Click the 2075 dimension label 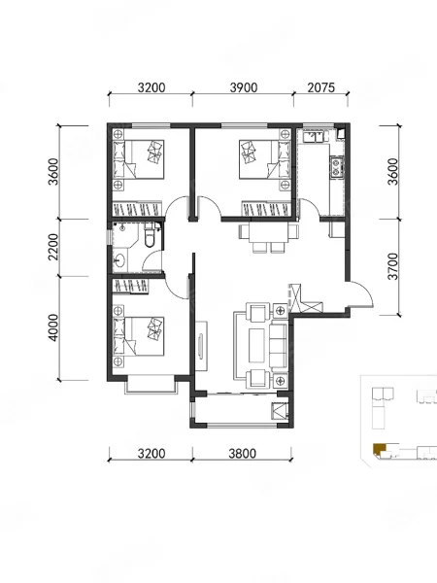pyautogui.click(x=321, y=87)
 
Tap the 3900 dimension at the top pyautogui.click(x=244, y=87)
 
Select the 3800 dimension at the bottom pyautogui.click(x=242, y=454)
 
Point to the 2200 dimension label pyautogui.click(x=53, y=247)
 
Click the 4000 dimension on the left pyautogui.click(x=53, y=327)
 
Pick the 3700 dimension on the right pyautogui.click(x=392, y=266)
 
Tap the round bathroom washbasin pyautogui.click(x=119, y=259)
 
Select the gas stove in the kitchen pyautogui.click(x=336, y=166)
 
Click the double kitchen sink pyautogui.click(x=314, y=137)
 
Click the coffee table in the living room pyautogui.click(x=256, y=345)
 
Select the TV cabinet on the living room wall pyautogui.click(x=202, y=346)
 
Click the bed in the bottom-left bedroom pyautogui.click(x=138, y=336)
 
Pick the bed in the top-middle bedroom pyautogui.click(x=264, y=159)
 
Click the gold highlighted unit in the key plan pyautogui.click(x=379, y=449)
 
